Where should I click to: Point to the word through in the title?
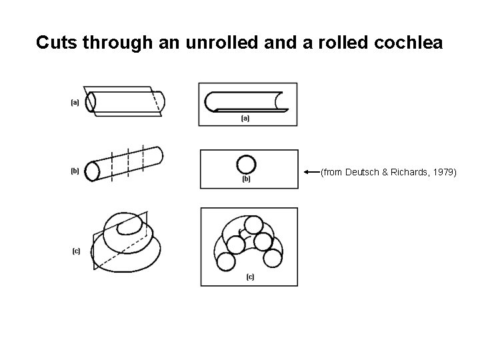117,43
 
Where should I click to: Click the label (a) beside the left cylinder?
75,102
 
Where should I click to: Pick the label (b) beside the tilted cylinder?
75,171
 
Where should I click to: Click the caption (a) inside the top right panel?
245,119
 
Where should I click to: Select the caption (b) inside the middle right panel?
245,179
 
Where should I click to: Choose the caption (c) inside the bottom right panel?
250,277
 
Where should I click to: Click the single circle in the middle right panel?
246,164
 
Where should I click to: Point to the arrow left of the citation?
311,173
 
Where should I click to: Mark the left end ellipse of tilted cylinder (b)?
92,171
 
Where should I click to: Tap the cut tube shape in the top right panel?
247,101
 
